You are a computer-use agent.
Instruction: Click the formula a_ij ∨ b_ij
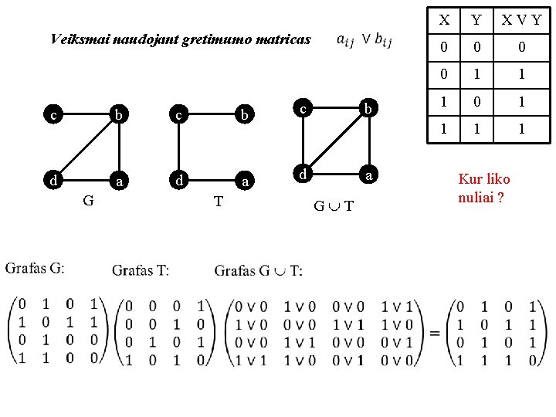pyautogui.click(x=364, y=40)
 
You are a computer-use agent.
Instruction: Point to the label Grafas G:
pyautogui.click(x=36, y=269)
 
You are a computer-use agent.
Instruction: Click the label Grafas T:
pyautogui.click(x=141, y=270)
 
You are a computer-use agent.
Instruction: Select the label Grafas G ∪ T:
pyautogui.click(x=259, y=270)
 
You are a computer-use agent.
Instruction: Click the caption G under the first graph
pyautogui.click(x=89, y=202)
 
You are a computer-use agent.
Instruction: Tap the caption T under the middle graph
pyautogui.click(x=219, y=202)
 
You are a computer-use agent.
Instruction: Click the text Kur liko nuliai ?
pyautogui.click(x=484, y=188)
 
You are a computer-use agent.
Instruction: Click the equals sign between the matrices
pyautogui.click(x=435, y=332)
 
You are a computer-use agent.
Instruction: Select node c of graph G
pyautogui.click(x=53, y=116)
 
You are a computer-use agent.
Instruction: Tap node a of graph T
pyautogui.click(x=246, y=182)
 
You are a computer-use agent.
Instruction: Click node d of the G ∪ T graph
pyautogui.click(x=305, y=176)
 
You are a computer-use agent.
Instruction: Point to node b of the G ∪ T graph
pyautogui.click(x=369, y=110)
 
